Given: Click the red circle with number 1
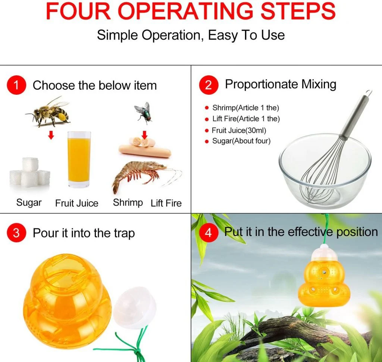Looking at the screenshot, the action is (x=16, y=85).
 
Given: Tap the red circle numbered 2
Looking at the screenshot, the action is (x=208, y=85).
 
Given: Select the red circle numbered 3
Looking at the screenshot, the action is (x=16, y=233).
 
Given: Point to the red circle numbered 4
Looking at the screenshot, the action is (x=208, y=233).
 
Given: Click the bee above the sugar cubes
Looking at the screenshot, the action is (x=48, y=112).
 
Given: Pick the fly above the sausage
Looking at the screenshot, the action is (x=144, y=113).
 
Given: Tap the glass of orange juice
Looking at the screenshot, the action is (x=79, y=160).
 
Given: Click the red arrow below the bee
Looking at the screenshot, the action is (x=51, y=135).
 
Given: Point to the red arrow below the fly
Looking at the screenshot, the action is (x=145, y=135).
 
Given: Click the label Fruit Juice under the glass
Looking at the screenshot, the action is (x=77, y=203).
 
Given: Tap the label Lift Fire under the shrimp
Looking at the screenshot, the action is (x=166, y=203).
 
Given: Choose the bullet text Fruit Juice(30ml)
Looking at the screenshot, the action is (x=239, y=130).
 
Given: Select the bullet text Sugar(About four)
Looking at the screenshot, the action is (x=241, y=141).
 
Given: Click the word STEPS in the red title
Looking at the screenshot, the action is (x=298, y=11).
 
